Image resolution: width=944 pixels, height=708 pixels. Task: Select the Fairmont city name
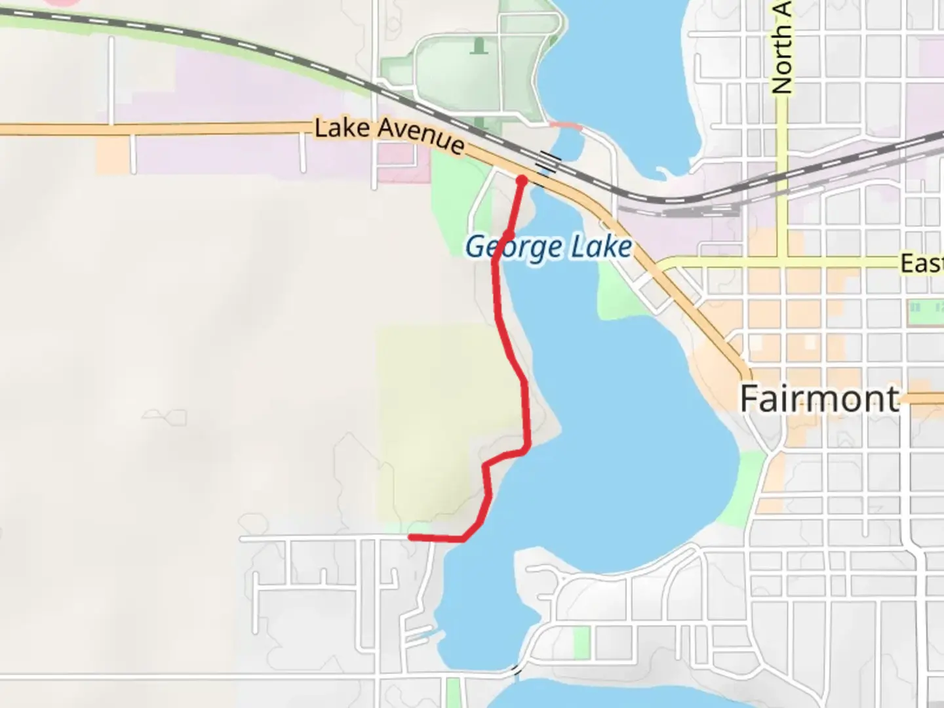(819, 399)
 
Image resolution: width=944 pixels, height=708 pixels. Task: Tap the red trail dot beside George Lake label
(508, 234)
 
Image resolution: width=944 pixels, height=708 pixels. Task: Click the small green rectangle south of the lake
(582, 642)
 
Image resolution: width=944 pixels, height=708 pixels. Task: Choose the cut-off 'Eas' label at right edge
(922, 263)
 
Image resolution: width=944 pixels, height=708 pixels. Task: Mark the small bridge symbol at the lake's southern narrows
(517, 670)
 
